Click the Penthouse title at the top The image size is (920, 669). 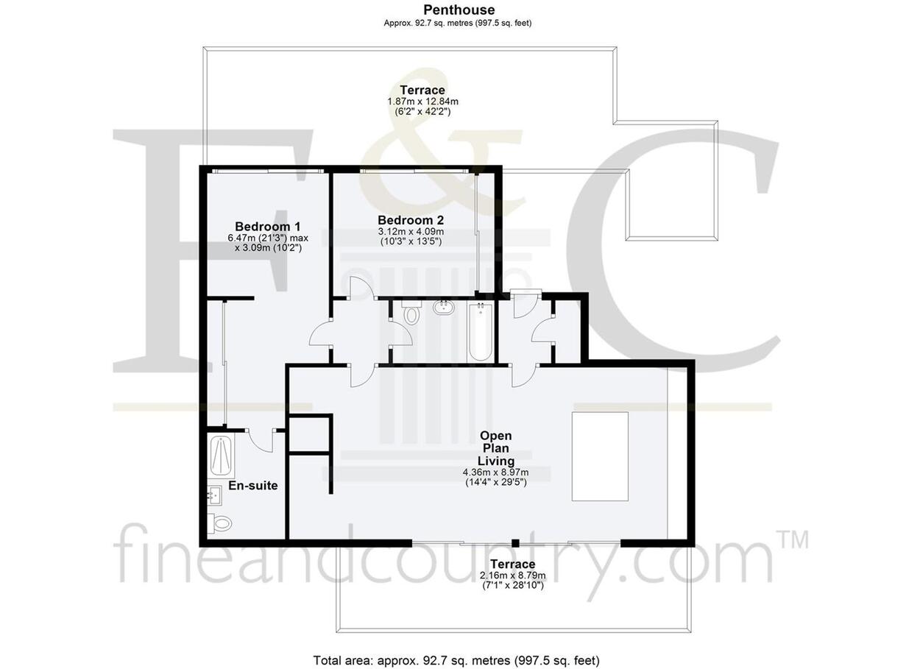(459, 10)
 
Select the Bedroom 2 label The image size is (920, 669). (411, 220)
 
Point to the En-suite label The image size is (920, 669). (253, 486)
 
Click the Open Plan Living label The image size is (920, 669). (496, 448)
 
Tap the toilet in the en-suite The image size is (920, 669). (220, 523)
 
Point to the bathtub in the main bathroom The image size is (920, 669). (481, 332)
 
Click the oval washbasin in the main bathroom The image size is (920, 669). (444, 308)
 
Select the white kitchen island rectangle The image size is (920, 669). (600, 456)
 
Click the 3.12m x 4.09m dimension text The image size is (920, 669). (411, 232)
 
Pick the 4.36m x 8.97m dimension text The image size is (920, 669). (496, 472)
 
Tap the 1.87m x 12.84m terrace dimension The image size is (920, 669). (423, 102)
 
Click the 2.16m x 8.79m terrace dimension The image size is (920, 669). (512, 575)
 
